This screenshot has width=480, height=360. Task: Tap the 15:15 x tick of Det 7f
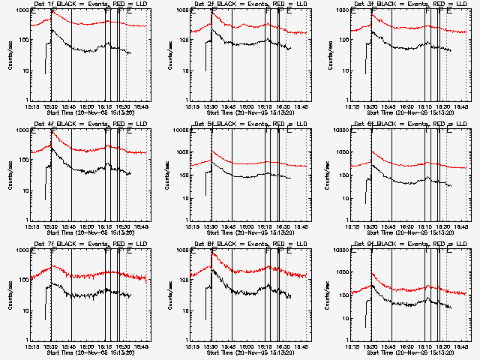(32, 347)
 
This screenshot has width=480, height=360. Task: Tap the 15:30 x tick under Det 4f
(51, 227)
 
